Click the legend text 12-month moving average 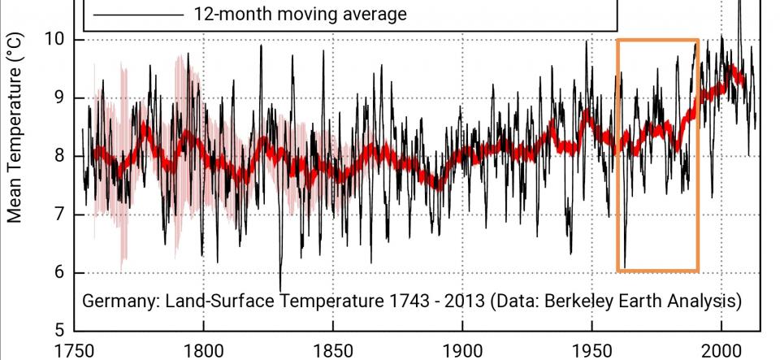[x=300, y=14]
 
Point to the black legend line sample [x=138, y=14]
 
